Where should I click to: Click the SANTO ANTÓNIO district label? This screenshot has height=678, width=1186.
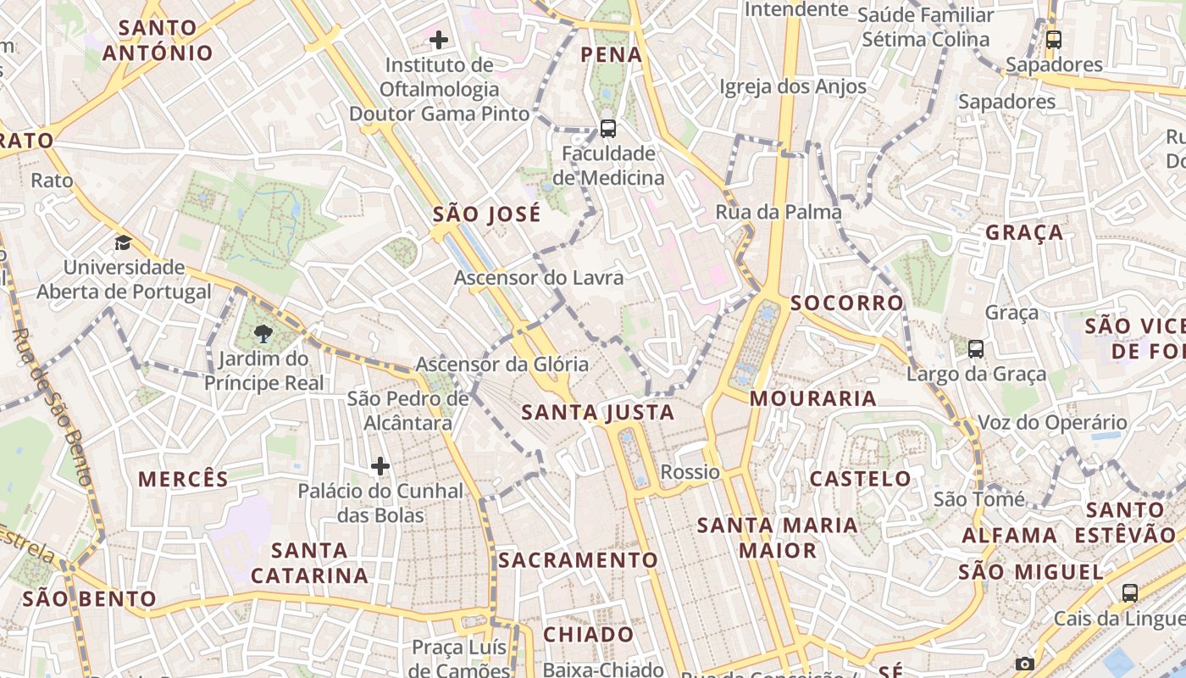click(158, 40)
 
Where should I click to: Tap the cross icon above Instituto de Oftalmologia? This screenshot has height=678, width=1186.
click(438, 39)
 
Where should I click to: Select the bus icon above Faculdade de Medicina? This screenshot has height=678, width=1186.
click(607, 129)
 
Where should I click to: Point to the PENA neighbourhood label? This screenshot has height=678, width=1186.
click(611, 55)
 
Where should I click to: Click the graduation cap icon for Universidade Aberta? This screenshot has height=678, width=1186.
click(123, 243)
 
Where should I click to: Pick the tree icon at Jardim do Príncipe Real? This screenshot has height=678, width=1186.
click(263, 333)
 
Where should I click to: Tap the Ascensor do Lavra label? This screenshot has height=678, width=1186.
click(539, 277)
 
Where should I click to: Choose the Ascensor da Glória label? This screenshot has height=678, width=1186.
click(502, 364)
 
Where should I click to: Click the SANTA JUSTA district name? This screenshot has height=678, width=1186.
click(597, 413)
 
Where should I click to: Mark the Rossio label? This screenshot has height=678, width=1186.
click(690, 472)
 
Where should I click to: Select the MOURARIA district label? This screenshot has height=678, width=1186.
click(813, 398)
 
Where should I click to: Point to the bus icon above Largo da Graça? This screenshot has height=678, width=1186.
click(976, 348)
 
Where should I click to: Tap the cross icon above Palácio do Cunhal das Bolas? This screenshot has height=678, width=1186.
click(380, 466)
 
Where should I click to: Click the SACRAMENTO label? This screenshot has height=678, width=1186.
click(578, 560)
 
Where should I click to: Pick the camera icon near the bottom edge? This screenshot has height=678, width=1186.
click(1025, 664)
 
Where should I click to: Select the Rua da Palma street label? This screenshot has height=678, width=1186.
click(779, 212)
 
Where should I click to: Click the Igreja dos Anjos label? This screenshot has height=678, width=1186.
click(793, 86)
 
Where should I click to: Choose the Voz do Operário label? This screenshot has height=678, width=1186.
click(1052, 422)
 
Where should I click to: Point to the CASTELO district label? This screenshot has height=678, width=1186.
click(860, 479)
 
